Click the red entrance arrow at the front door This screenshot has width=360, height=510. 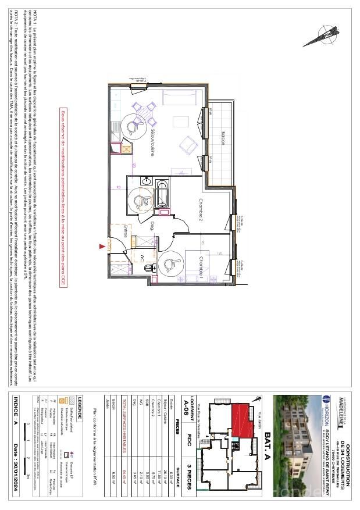click(104, 247)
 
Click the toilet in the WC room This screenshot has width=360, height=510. click(151, 267)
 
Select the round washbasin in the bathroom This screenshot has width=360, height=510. click(147, 181)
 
